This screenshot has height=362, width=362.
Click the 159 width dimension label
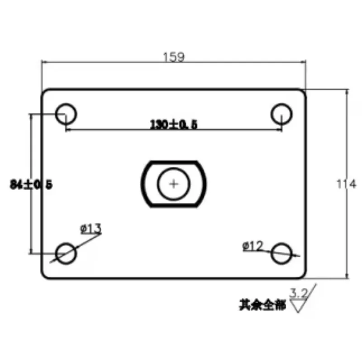pos(174,57)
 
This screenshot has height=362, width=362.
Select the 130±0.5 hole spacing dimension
pos(174,124)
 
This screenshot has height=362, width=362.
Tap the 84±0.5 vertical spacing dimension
pos(31,184)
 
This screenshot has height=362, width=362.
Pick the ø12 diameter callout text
pos(253,246)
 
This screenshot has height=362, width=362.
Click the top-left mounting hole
pos(67,113)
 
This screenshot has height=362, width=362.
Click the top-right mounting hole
pos(282,113)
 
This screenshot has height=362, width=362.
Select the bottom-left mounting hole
pos(67,253)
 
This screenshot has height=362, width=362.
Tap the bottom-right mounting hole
pos(282,253)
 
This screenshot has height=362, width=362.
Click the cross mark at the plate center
pos(174,184)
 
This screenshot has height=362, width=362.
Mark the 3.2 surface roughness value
pos(299,294)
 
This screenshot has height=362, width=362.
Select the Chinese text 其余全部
pos(262,306)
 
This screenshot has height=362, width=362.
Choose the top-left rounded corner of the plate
pos(45,92)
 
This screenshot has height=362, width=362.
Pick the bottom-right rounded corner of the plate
pos(303,275)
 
